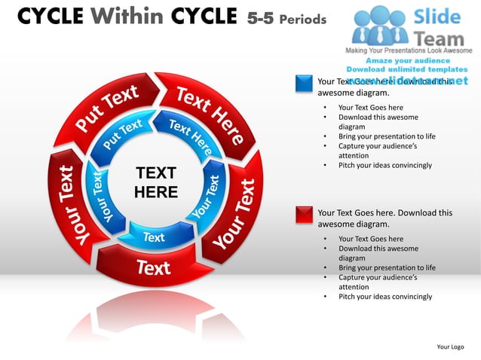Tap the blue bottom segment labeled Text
coord(154,236)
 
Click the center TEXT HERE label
coord(155,183)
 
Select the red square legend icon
coord(304,214)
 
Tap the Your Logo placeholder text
coord(450,346)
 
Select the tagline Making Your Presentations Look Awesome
coord(408,50)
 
